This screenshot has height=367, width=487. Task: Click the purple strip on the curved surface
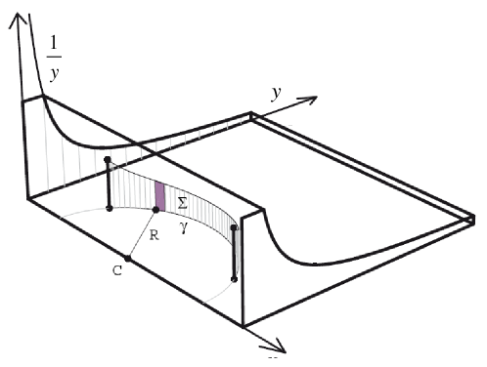pyautogui.click(x=159, y=193)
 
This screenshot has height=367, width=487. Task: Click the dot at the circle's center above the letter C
pyautogui.click(x=128, y=258)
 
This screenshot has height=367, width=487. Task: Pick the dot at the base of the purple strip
pyautogui.click(x=156, y=209)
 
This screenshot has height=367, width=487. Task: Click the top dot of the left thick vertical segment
pyautogui.click(x=109, y=164)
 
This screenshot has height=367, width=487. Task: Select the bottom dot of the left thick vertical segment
pyautogui.click(x=109, y=208)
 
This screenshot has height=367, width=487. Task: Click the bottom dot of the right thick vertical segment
pyautogui.click(x=234, y=279)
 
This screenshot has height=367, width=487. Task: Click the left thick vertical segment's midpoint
pyautogui.click(x=109, y=185)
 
